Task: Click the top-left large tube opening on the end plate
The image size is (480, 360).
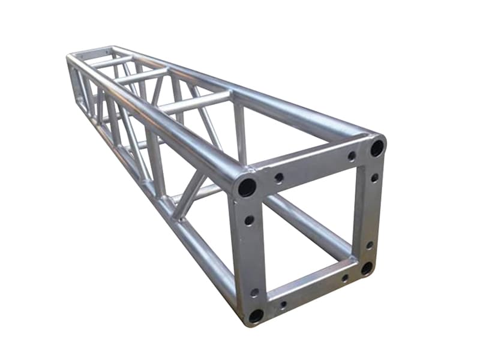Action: click(x=247, y=187)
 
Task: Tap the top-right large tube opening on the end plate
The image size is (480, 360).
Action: click(x=377, y=147)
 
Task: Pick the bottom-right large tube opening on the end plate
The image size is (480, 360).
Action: click(x=367, y=268)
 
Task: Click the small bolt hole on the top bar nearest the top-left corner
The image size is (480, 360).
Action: click(x=279, y=178)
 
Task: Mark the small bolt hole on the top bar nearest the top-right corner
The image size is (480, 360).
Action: click(x=352, y=156)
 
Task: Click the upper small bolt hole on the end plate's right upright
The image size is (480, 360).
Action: click(x=374, y=178)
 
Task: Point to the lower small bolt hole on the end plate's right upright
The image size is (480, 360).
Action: click(x=369, y=245)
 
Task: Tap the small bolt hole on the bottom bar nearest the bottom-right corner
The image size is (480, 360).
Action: click(x=345, y=278)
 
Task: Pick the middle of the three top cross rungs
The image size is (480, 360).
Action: click(x=141, y=76)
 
